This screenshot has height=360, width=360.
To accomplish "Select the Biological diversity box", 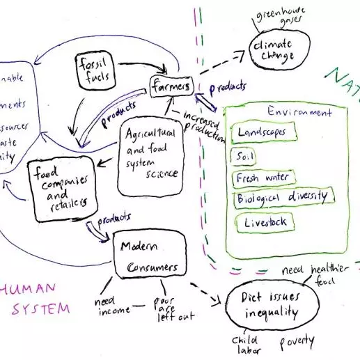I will pyautogui.click(x=282, y=198).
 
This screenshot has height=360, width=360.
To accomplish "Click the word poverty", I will pyautogui.click(x=296, y=343).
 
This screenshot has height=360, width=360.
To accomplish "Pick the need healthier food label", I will pyautogui.click(x=311, y=274).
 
